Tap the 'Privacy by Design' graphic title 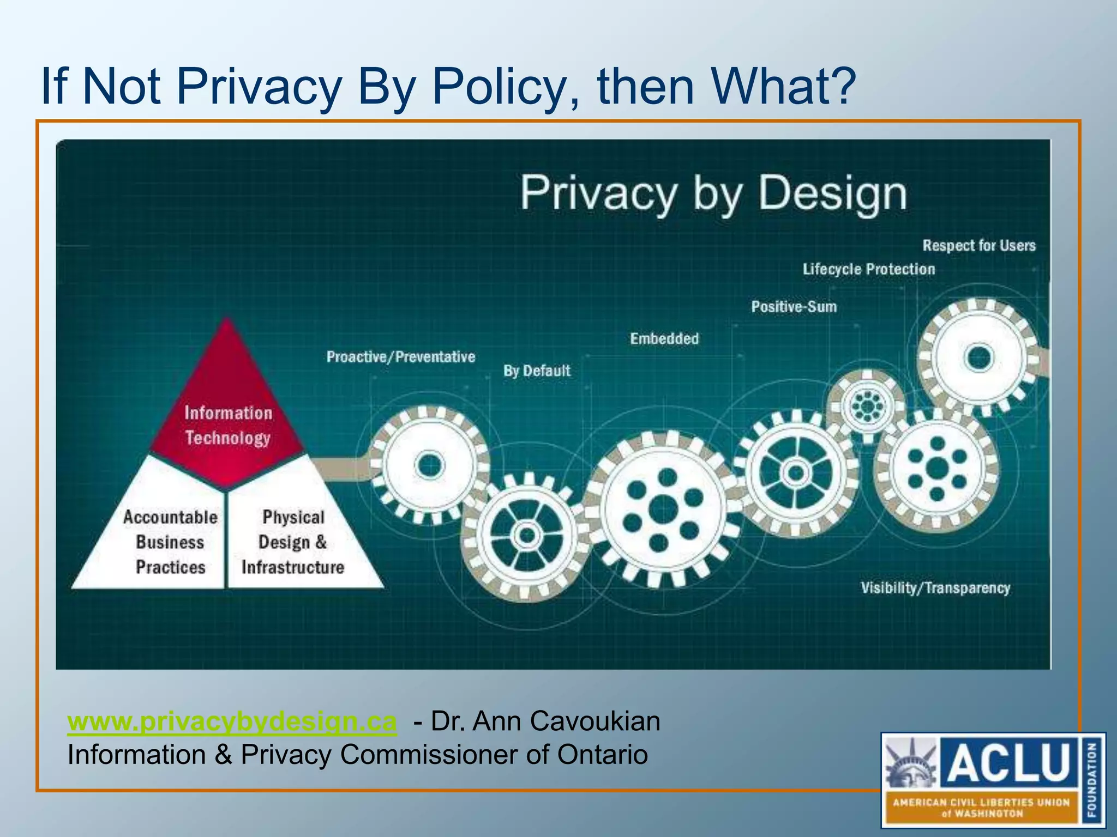tap(713, 193)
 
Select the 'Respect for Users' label tap(978, 246)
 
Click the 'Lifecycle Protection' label tap(868, 269)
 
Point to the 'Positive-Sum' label tap(794, 307)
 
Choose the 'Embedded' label tap(664, 339)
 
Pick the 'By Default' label tap(537, 371)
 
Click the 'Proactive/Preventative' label tap(401, 357)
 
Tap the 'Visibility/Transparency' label tap(935, 588)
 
